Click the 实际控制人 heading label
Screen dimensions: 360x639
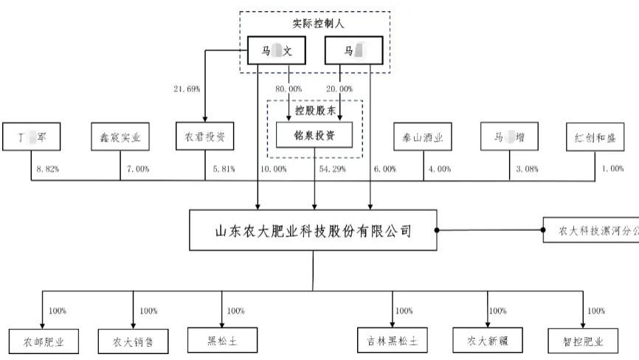tap(314, 24)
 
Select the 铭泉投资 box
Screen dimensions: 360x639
tap(315, 135)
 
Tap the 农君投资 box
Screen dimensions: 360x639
tap(205, 136)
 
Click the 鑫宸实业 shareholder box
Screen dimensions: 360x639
tap(120, 136)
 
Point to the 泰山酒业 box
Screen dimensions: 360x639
tap(423, 136)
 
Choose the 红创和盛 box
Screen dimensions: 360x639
tap(595, 136)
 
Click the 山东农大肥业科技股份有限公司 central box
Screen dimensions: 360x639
tap(313, 230)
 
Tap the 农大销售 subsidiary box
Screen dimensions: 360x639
tap(133, 342)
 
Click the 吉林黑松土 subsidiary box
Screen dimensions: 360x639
tap(393, 341)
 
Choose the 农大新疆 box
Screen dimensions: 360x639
tap(487, 341)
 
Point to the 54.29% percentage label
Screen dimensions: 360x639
tap(333, 169)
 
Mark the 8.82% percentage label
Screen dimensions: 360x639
tap(48, 169)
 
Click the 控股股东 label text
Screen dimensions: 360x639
tap(315, 109)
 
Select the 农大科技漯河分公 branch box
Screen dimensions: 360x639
tap(590, 230)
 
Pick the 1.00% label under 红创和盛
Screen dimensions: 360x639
tap(612, 169)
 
